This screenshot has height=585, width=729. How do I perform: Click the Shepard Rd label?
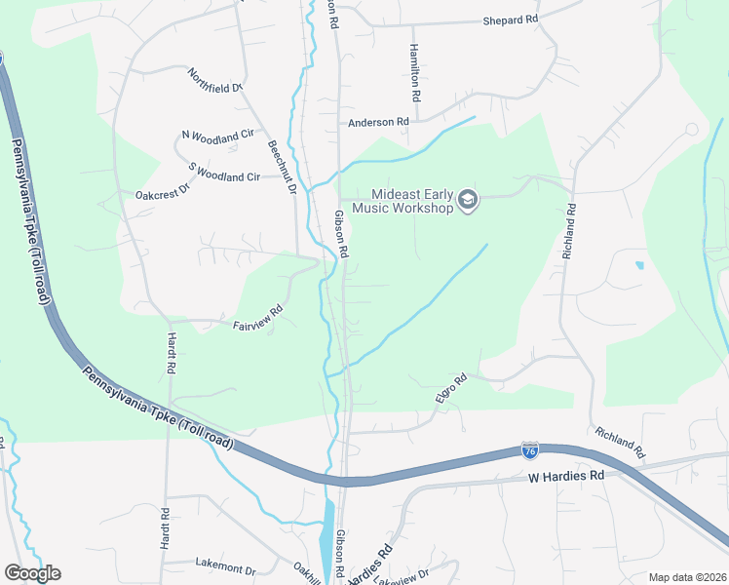tap(511, 19)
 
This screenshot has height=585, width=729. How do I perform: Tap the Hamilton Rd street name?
tap(414, 75)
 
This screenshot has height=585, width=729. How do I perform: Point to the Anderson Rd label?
tap(378, 122)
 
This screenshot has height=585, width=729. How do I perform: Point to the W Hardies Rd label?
tap(566, 476)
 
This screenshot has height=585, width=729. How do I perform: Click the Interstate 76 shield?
tap(529, 449)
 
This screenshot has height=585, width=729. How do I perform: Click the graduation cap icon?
tap(468, 200)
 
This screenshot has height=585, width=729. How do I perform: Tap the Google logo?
tap(32, 573)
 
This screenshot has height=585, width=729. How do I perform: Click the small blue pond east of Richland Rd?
tap(638, 264)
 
